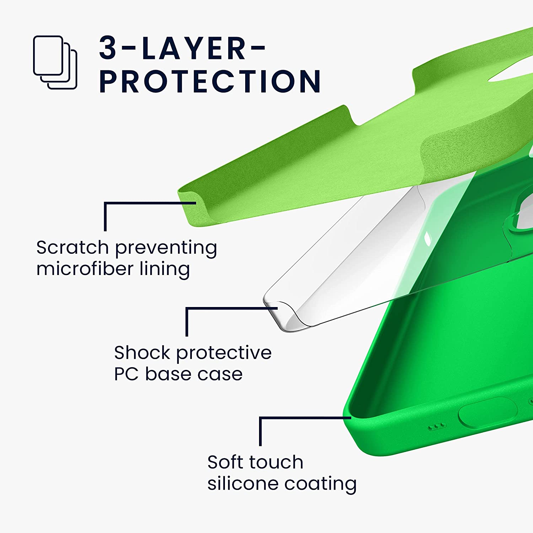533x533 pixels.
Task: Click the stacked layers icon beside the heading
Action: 55,63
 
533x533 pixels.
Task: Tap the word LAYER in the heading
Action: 194,48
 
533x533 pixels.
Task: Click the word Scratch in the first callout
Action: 72,247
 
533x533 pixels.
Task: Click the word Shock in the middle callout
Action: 142,352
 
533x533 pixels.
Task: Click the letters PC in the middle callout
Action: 126,374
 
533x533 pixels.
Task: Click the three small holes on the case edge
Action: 436,426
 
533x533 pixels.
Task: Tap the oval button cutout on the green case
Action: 488,412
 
